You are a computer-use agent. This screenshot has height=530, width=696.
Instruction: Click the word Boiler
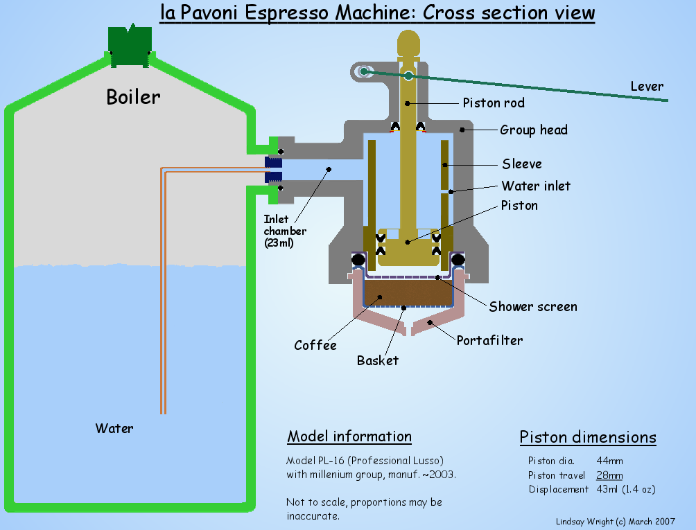133,96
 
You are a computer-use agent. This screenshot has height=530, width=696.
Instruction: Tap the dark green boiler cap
130,45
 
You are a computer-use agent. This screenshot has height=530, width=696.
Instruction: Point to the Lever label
646,87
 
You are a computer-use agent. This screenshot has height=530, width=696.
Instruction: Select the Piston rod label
494,103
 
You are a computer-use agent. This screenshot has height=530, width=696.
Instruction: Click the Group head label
534,130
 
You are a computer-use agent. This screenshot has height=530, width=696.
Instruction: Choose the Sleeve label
522,164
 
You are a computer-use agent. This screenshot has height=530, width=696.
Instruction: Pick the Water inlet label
536,186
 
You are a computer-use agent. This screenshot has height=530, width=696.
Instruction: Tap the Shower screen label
532,306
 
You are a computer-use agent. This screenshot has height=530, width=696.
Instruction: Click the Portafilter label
489,340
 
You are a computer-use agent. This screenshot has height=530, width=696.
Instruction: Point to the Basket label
378,360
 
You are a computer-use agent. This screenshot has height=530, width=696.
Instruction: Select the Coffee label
315,345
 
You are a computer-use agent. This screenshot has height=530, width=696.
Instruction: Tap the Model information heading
349,436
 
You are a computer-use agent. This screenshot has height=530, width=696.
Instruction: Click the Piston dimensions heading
588,437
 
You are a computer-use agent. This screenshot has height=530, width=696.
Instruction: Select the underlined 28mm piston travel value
609,475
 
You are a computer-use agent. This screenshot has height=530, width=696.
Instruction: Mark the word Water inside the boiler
114,428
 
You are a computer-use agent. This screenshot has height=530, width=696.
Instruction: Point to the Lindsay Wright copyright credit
616,522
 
